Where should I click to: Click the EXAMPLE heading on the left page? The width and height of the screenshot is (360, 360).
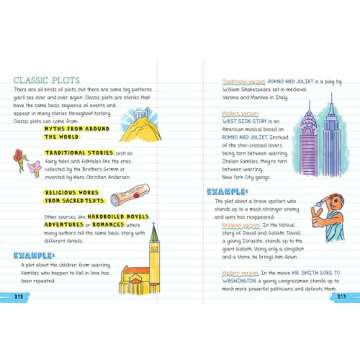tap(34, 255)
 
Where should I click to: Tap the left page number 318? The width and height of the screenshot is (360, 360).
tap(19, 296)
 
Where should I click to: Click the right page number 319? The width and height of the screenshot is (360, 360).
tap(341, 296)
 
